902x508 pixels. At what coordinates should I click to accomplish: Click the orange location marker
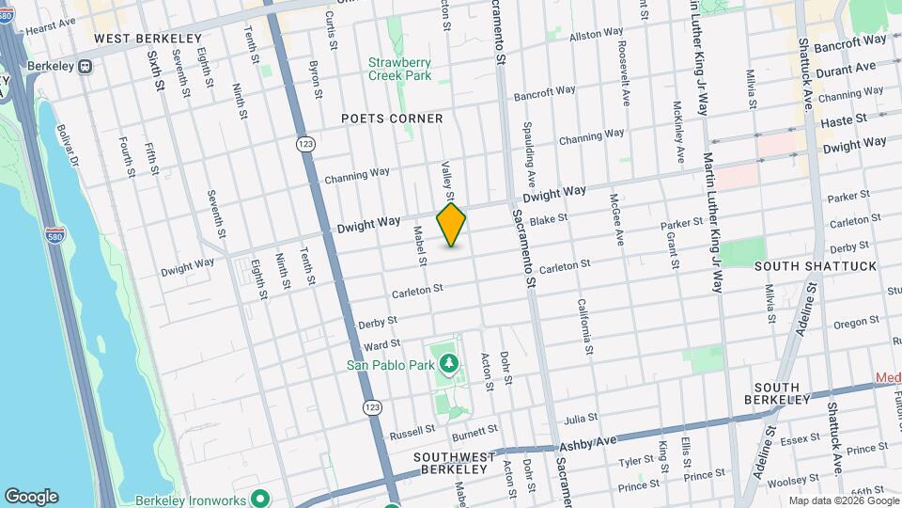(x=451, y=224)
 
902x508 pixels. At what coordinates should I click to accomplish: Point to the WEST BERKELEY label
(x=148, y=39)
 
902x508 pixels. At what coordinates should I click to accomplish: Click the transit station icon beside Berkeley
(x=86, y=67)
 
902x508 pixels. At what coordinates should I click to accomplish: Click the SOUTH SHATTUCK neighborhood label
(x=816, y=266)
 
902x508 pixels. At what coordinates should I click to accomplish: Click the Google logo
(x=31, y=496)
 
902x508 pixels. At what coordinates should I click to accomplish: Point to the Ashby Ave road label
(x=585, y=441)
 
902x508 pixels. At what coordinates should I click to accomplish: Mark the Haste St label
(x=841, y=123)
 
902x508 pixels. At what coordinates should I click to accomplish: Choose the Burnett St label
(x=474, y=432)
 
